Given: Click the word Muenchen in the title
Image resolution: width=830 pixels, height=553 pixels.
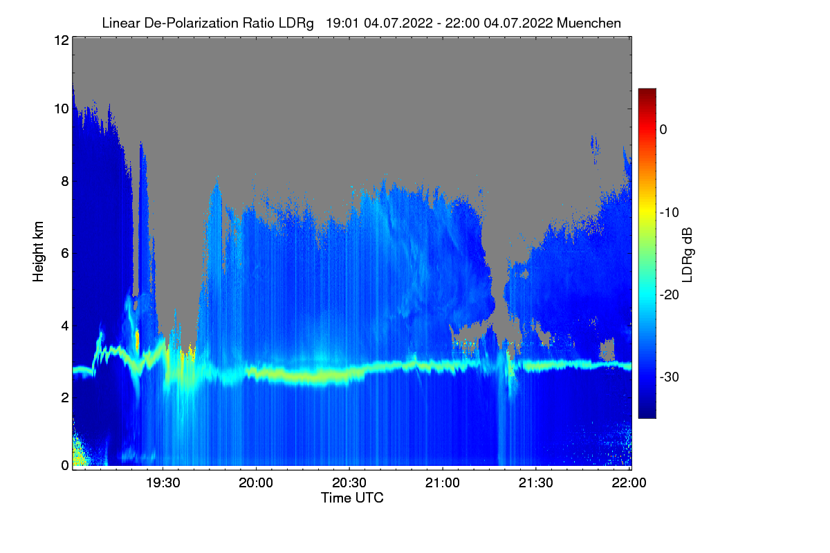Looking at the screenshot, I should tap(589, 23).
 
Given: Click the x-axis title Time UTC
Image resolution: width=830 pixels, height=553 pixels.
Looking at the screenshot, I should tap(352, 498).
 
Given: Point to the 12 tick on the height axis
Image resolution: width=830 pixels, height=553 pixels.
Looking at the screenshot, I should tap(60, 40).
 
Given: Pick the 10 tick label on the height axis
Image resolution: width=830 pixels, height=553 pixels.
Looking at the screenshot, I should tap(60, 109).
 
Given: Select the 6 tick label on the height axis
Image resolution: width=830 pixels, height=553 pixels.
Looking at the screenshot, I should tap(64, 253).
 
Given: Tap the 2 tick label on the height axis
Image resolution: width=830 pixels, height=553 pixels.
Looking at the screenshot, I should tap(64, 397).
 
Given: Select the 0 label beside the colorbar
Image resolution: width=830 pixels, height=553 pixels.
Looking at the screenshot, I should tap(663, 129).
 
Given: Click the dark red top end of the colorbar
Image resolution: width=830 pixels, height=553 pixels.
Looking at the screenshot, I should tap(647, 92).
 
